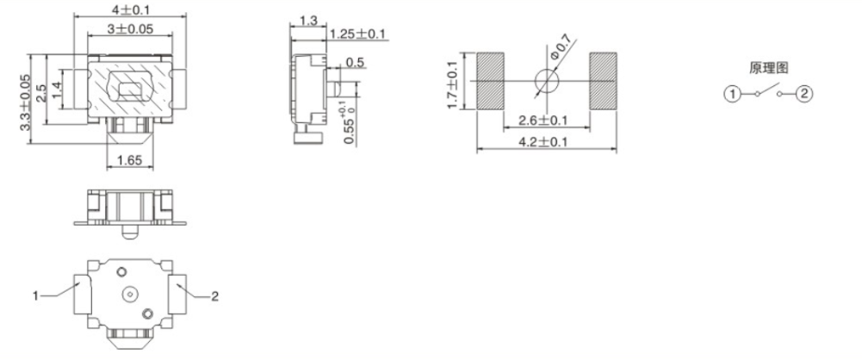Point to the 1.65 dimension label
pyautogui.click(x=129, y=159)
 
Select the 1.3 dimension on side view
pyautogui.click(x=306, y=19)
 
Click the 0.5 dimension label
pyautogui.click(x=354, y=63)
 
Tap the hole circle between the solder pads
pyautogui.click(x=546, y=81)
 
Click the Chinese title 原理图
pyautogui.click(x=768, y=67)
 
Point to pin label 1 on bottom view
pyautogui.click(x=37, y=295)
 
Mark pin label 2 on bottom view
pyautogui.click(x=215, y=295)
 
